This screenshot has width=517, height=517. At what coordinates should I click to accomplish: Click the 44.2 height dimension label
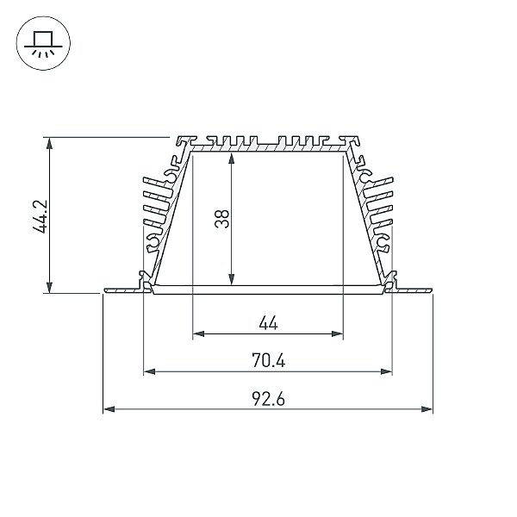tap(40, 216)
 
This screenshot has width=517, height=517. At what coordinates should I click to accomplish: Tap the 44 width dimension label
tap(268, 323)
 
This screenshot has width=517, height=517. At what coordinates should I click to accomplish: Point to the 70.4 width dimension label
tap(268, 360)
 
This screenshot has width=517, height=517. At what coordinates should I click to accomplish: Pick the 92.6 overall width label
tap(268, 399)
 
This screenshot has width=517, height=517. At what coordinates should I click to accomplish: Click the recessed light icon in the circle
tap(43, 44)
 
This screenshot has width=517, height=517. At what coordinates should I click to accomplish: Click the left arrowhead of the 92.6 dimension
tap(109, 409)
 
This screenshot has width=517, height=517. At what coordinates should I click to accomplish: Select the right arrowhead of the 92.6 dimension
tap(427, 409)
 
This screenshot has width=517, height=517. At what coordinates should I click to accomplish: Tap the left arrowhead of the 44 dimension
tap(198, 334)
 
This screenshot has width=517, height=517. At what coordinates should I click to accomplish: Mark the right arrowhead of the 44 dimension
tap(337, 334)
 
